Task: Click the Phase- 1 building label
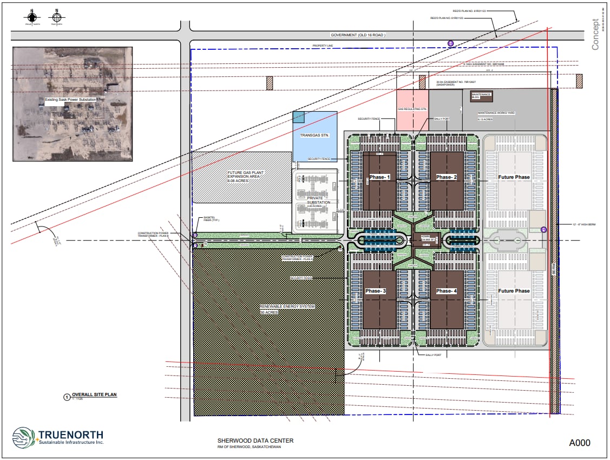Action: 379,177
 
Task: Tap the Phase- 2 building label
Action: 447,177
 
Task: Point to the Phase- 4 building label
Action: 447,291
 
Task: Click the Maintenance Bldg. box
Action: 482,95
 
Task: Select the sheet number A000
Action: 579,443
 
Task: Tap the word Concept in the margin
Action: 595,38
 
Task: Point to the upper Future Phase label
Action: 514,177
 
